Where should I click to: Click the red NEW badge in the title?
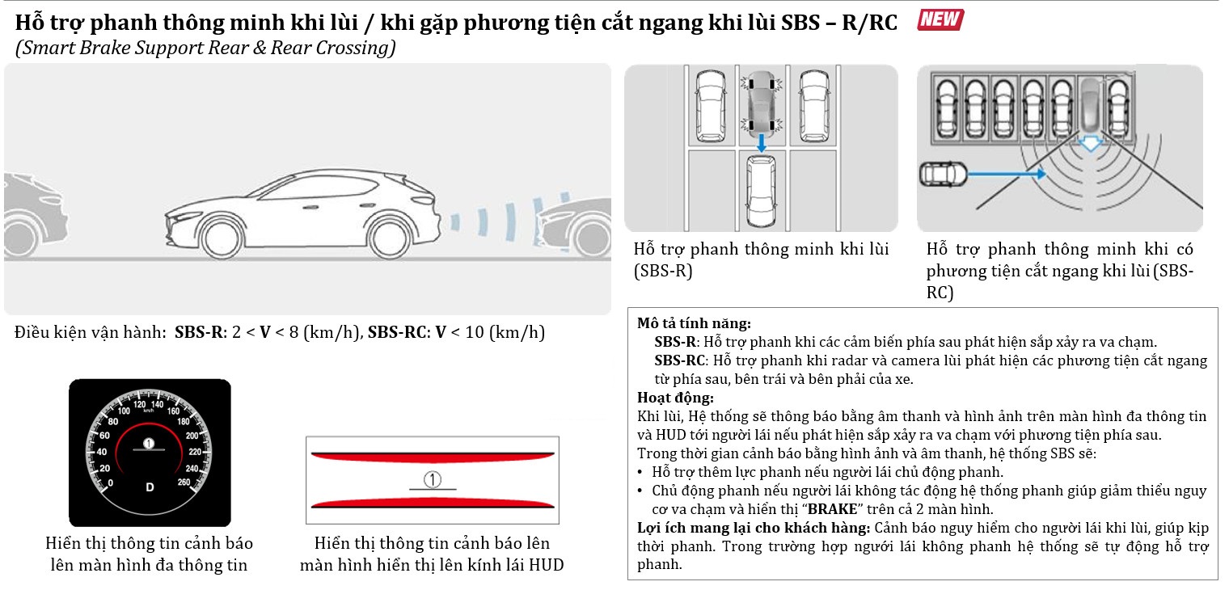coord(940,19)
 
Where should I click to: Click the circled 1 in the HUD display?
coord(433,481)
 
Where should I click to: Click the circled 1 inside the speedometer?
coord(149,442)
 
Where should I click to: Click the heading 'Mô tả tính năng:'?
coord(694,323)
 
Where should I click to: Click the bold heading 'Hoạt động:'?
coord(675,398)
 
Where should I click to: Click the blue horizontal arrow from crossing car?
coord(1006,172)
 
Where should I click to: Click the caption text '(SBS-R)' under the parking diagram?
coord(663,271)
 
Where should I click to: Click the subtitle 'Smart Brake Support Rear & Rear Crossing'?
coord(205,48)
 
